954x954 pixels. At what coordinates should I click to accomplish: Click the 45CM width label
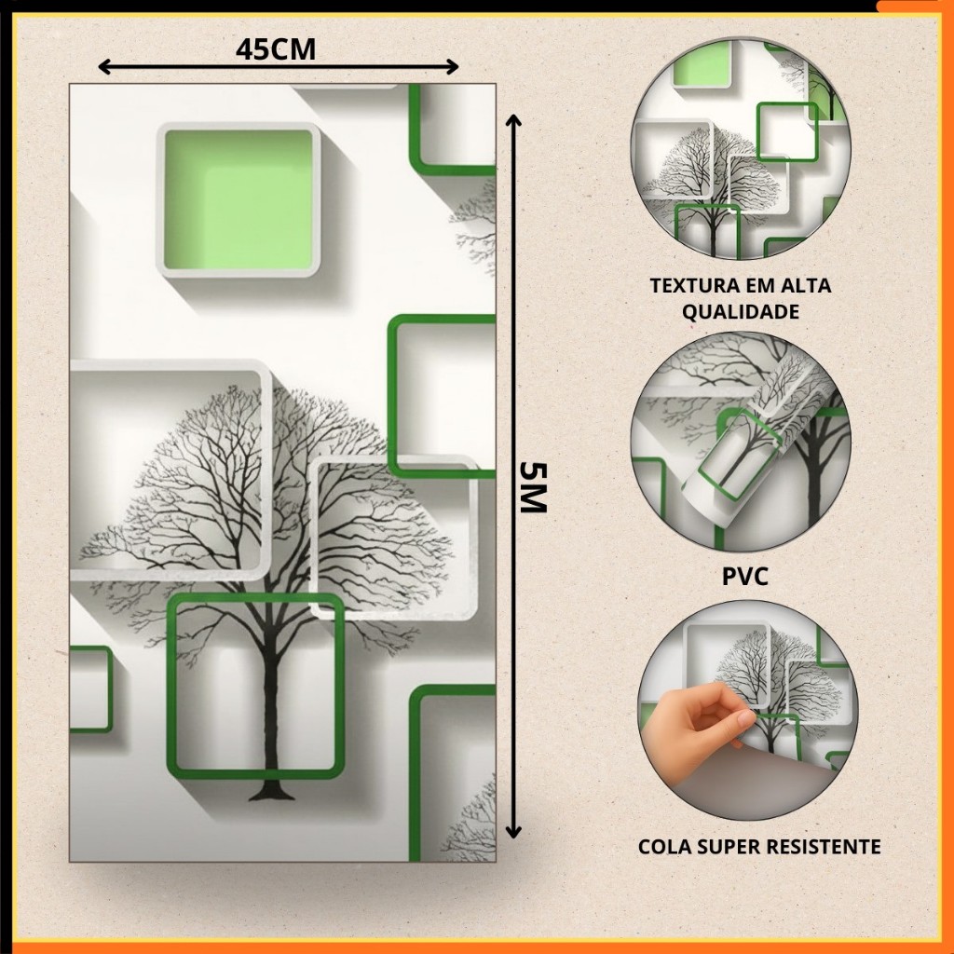276,49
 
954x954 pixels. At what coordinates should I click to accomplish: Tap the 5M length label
534,487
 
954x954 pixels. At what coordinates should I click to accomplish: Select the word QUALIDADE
741,311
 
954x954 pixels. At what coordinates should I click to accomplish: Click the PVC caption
745,576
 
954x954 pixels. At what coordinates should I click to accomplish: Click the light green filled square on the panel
238,199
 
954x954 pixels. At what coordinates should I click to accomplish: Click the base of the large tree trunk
271,794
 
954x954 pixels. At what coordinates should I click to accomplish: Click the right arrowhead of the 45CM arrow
452,66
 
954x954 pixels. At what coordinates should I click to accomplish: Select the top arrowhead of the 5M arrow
514,120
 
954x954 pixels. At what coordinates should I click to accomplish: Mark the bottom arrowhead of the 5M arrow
514,832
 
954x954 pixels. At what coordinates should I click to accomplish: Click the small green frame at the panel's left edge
92,689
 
